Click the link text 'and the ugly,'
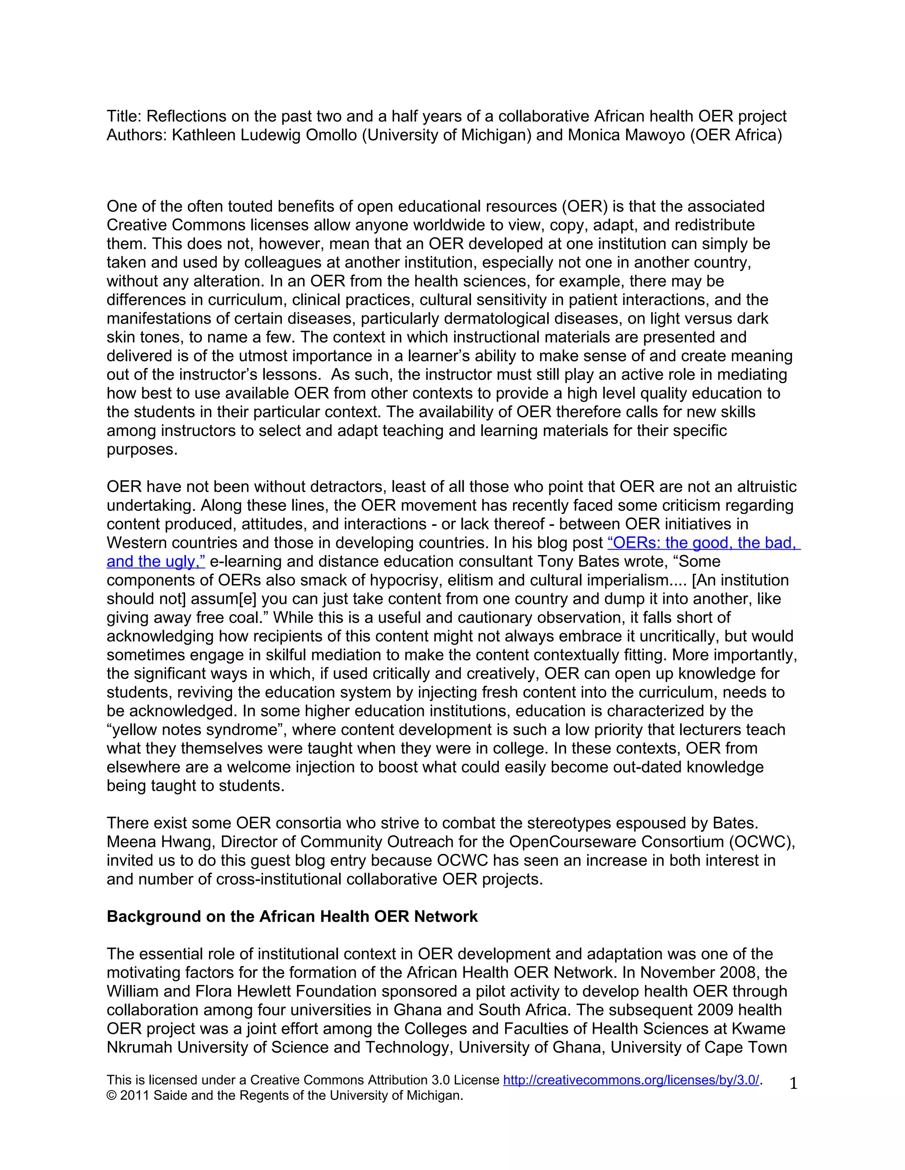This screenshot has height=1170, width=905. tap(156, 562)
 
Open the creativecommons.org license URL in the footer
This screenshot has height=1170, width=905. tap(631, 1080)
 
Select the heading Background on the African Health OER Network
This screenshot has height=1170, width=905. tap(292, 917)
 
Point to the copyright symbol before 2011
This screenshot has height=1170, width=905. tap(111, 1096)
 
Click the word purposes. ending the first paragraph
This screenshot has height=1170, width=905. tap(141, 450)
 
